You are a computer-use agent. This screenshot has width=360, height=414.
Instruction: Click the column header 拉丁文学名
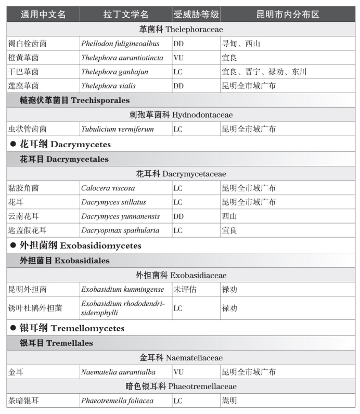(x=126, y=14)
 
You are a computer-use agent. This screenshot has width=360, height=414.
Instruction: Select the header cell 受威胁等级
(x=196, y=14)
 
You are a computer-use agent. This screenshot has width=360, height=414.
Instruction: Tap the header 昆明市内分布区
(x=288, y=14)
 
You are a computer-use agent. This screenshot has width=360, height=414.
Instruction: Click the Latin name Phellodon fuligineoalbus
(x=120, y=44)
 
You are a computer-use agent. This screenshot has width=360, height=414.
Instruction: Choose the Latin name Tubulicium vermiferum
(x=110, y=129)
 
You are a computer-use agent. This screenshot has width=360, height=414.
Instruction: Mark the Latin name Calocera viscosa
(x=108, y=188)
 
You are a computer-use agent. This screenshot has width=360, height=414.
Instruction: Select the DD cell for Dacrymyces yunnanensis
(x=178, y=216)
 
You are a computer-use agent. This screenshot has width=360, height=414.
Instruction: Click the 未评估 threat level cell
(x=185, y=289)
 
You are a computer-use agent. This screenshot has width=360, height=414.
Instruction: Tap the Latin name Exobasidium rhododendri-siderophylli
(x=123, y=308)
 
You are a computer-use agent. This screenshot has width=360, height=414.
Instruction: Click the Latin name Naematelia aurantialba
(x=118, y=372)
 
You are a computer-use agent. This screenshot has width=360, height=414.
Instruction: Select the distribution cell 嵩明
(x=229, y=401)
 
